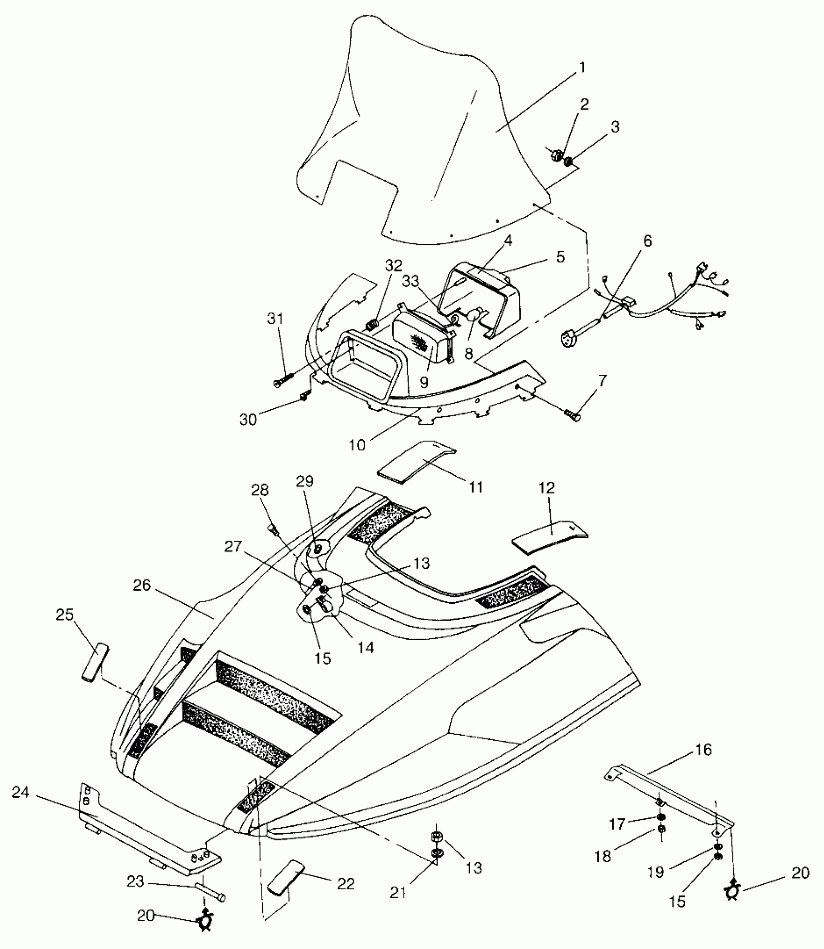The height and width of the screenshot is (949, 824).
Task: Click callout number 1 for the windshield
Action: pyautogui.click(x=582, y=67)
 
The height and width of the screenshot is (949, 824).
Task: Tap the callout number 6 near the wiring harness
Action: pyautogui.click(x=647, y=241)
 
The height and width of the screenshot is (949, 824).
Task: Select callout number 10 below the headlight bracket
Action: pyautogui.click(x=357, y=444)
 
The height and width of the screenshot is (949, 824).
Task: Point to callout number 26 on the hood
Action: pyautogui.click(x=143, y=585)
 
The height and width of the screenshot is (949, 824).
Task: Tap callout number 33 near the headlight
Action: pyautogui.click(x=411, y=281)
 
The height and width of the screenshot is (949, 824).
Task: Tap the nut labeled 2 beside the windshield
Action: pyautogui.click(x=556, y=156)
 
